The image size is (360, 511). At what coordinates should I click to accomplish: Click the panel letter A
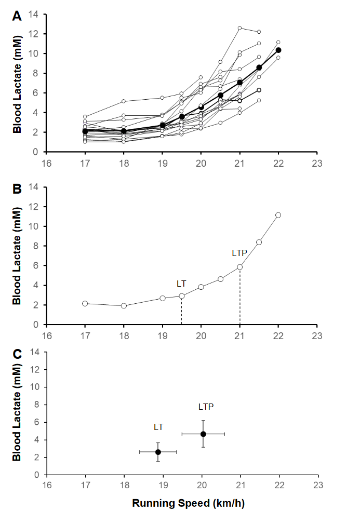(x=17, y=16)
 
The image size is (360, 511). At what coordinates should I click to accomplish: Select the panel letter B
(x=17, y=189)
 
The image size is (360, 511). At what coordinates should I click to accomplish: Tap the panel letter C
(x=17, y=354)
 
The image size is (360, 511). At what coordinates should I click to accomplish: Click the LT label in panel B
(x=182, y=283)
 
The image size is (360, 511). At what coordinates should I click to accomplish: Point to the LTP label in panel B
(x=239, y=253)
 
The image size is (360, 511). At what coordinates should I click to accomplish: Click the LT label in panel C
(x=158, y=427)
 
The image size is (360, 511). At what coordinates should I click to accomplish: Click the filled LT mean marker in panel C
(x=158, y=452)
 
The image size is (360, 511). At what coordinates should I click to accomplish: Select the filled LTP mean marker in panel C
(x=203, y=434)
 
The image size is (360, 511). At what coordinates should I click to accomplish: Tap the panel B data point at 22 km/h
(x=278, y=214)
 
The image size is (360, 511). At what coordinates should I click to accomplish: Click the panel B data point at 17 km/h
(x=85, y=303)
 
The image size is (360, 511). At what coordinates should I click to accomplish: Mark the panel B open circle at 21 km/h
(x=240, y=267)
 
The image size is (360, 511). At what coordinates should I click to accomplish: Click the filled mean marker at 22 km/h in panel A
(x=278, y=50)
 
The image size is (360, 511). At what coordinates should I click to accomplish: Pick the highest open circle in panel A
(x=239, y=28)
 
